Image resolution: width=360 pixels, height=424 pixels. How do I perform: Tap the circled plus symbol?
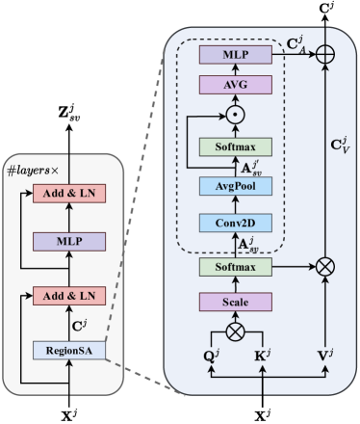[x=325, y=55]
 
